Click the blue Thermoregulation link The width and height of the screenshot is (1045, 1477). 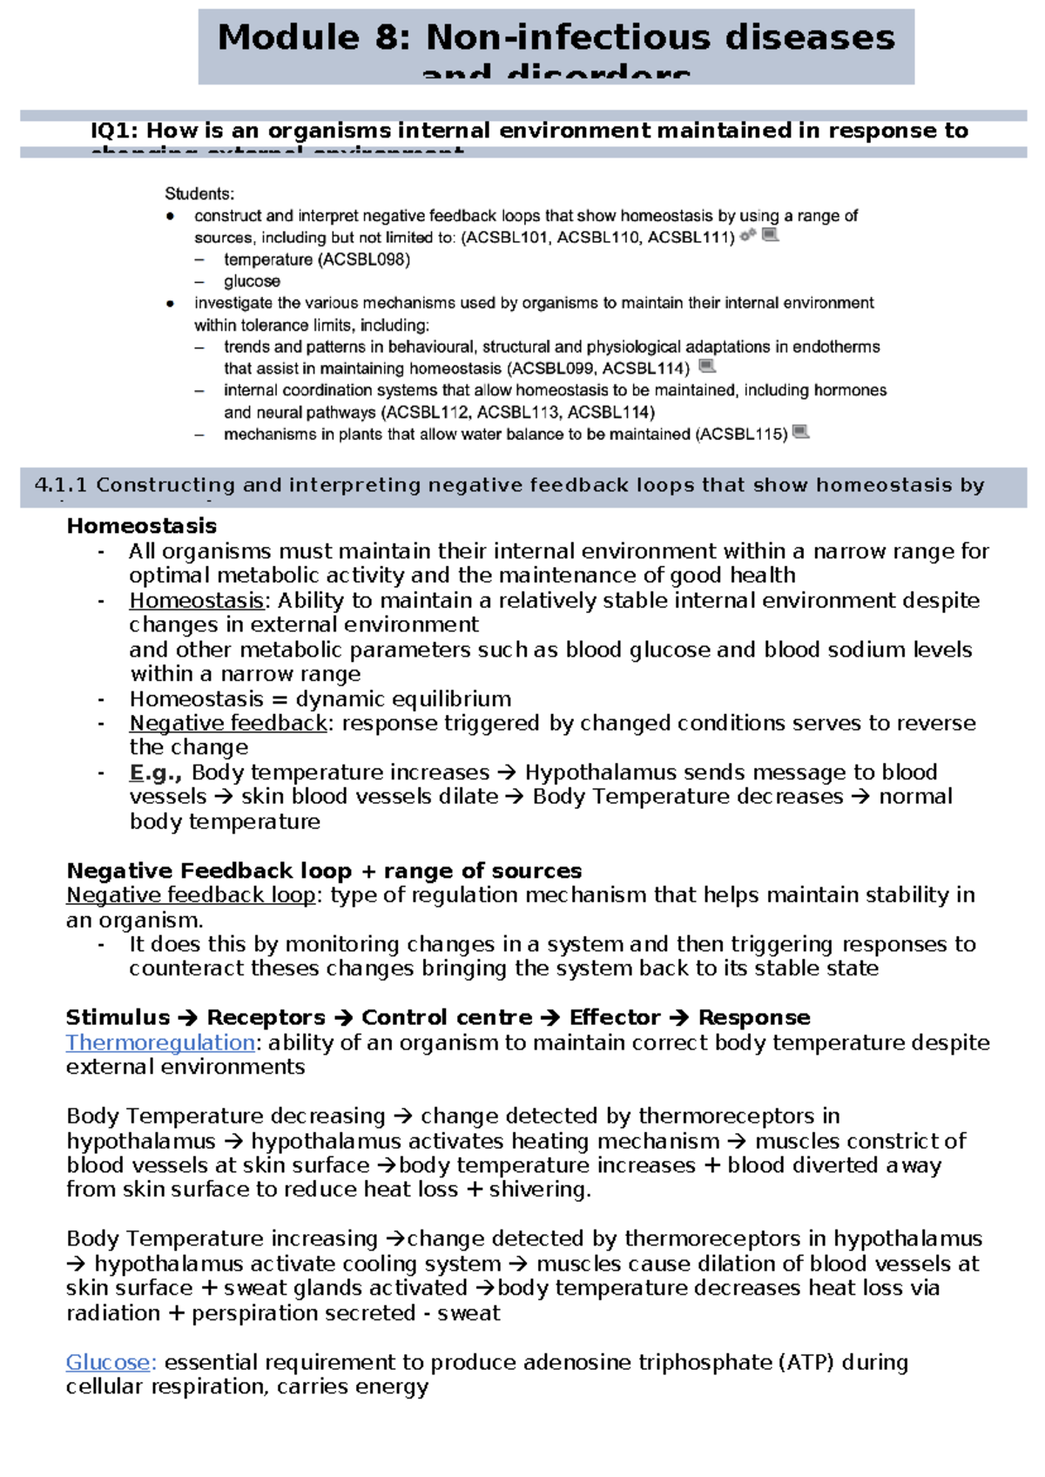[x=160, y=1042]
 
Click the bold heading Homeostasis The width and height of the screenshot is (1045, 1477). [x=141, y=526]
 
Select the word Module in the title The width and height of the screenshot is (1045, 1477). [x=287, y=38]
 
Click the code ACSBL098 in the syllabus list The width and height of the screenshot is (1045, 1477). [x=363, y=260]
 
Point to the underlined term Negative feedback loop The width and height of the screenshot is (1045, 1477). [x=191, y=895]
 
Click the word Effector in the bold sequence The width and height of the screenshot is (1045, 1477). [x=615, y=1018]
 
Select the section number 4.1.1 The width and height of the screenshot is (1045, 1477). [x=60, y=486]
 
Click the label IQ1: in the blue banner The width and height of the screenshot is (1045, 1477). [x=114, y=132]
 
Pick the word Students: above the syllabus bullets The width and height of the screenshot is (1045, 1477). [x=199, y=194]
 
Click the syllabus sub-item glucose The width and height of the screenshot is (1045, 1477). [x=252, y=281]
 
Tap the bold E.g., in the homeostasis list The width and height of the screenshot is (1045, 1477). [x=155, y=772]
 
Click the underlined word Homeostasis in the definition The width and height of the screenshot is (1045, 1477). [x=197, y=601]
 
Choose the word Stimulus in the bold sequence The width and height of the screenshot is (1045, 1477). [x=118, y=1018]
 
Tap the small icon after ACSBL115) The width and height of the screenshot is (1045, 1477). [x=801, y=432]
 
